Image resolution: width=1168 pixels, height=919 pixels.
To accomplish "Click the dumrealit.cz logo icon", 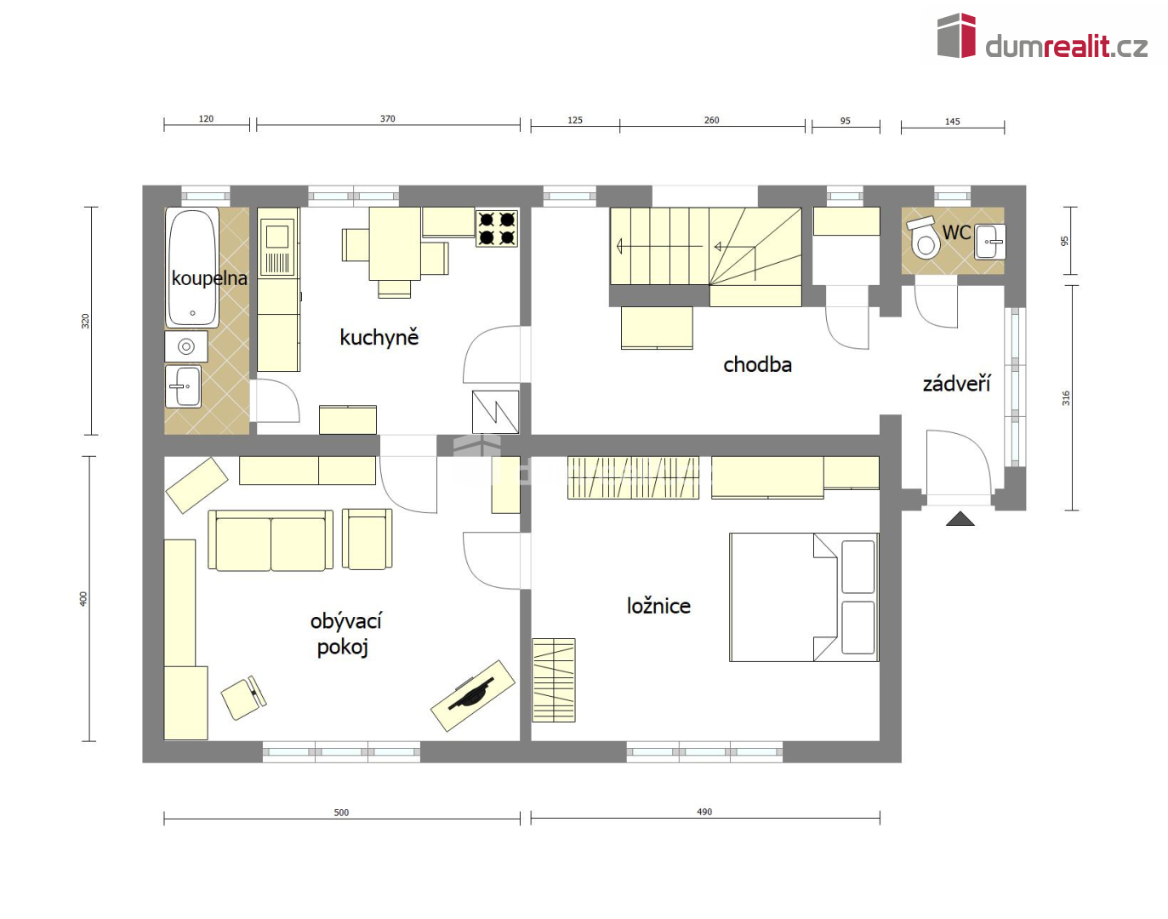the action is [x=956, y=35].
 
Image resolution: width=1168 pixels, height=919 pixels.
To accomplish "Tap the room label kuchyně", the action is [x=379, y=337].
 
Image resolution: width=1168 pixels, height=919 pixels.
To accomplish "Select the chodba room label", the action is [x=757, y=364].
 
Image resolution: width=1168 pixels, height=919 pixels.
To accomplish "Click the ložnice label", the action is [x=658, y=606].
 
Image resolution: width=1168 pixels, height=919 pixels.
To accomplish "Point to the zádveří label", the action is [x=956, y=383].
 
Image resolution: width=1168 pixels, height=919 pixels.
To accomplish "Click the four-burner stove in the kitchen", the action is [x=497, y=229].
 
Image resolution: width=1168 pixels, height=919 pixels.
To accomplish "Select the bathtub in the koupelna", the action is [x=192, y=267].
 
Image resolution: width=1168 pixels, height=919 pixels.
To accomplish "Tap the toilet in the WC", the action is [x=923, y=238].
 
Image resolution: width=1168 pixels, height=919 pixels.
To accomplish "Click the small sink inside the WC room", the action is [x=990, y=242].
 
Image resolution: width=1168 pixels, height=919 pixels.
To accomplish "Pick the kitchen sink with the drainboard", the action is [x=277, y=247].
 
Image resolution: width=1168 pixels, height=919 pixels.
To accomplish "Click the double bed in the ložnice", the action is [x=804, y=597].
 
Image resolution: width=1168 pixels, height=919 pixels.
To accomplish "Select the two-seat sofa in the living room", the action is [x=271, y=540].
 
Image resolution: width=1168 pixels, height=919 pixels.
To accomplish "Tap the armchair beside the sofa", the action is [x=367, y=539].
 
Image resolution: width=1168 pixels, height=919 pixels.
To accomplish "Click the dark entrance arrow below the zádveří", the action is [x=960, y=518].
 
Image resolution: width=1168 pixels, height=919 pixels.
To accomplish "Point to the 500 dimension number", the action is [x=341, y=813].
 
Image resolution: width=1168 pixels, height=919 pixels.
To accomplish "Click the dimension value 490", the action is [x=704, y=812].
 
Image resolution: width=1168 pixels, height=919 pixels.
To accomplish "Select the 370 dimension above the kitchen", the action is [x=388, y=118].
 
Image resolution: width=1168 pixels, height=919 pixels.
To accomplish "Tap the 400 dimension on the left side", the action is [x=83, y=599].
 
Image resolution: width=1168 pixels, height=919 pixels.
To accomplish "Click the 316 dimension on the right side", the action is [x=1065, y=398].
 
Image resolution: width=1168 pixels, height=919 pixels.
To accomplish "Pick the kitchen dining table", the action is [x=395, y=243].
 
